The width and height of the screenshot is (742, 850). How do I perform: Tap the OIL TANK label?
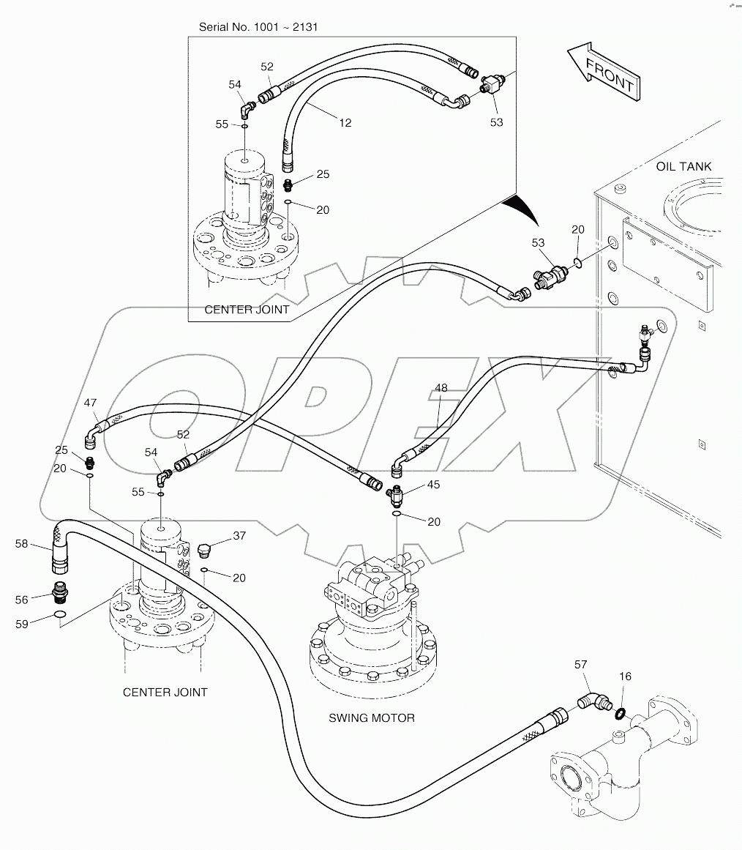[683, 167]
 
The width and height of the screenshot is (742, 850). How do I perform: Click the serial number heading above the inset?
[259, 27]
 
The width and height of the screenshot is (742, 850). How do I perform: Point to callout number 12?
[344, 122]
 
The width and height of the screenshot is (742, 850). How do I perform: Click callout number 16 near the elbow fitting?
[626, 676]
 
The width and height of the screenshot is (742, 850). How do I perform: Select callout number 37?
[239, 536]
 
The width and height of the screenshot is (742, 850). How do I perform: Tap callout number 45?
[434, 484]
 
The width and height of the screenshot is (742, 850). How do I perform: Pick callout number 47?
[90, 403]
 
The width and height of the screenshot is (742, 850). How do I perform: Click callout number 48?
[441, 388]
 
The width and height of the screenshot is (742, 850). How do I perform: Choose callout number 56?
[21, 600]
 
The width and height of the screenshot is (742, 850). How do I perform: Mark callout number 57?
[580, 665]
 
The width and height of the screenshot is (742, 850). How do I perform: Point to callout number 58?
[21, 543]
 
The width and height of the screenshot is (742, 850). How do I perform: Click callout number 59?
[21, 625]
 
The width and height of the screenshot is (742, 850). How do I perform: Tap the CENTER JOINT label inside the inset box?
[247, 310]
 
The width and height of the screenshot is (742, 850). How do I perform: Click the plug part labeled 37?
[204, 550]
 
